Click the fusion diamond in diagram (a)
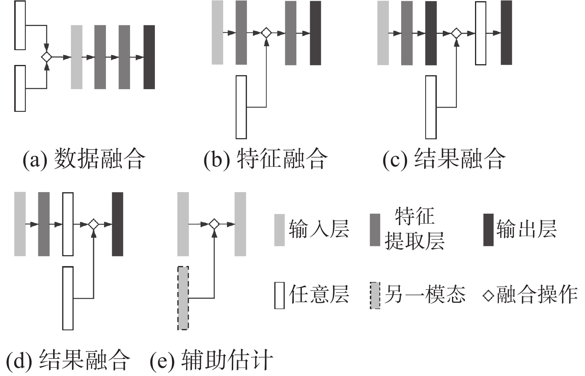pyautogui.click(x=46, y=57)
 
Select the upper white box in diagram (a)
pyautogui.click(x=20, y=25)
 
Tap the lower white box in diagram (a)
pyautogui.click(x=20, y=88)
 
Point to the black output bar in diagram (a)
pyautogui.click(x=149, y=57)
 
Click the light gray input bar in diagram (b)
pyautogui.click(x=217, y=33)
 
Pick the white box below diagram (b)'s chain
pyautogui.click(x=241, y=107)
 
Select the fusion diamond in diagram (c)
pyautogui.click(x=456, y=33)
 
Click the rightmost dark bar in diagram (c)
pyautogui.click(x=506, y=33)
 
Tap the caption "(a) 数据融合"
pyautogui.click(x=84, y=159)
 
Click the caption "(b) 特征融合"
pyautogui.click(x=266, y=159)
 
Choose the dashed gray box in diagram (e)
pyautogui.click(x=183, y=298)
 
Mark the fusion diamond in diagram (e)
pyautogui.click(x=214, y=224)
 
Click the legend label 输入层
pyautogui.click(x=319, y=229)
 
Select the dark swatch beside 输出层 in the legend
pyautogui.click(x=488, y=230)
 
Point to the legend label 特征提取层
pyautogui.click(x=414, y=229)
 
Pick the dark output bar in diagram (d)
pyautogui.click(x=117, y=224)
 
